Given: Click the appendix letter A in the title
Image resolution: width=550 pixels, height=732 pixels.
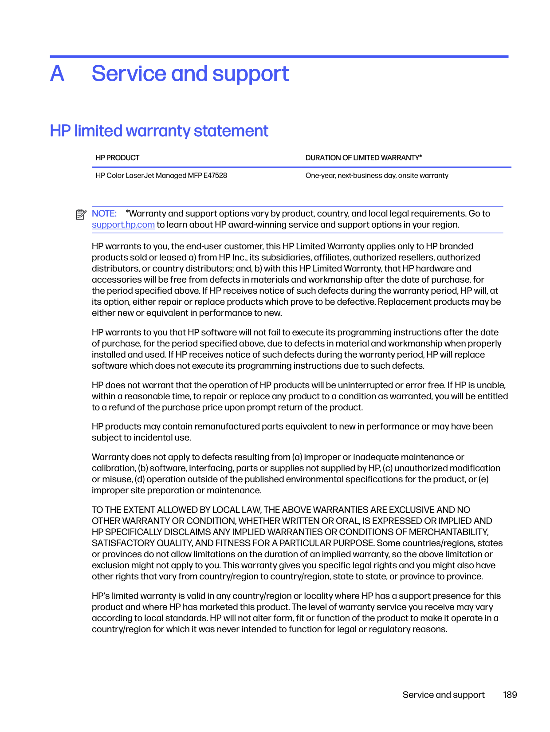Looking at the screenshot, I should click(57, 74).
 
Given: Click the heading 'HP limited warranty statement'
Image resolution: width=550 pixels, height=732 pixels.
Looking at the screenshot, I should click(159, 131).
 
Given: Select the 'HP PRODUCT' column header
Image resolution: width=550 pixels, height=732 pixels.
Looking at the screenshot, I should click(117, 157).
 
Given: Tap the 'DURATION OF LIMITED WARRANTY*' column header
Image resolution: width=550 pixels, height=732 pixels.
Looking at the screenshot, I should click(363, 157).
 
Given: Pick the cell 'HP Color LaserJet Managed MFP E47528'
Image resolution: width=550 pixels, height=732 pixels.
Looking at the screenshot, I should click(161, 175).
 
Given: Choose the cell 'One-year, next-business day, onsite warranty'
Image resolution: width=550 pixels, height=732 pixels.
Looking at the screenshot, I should click(377, 175).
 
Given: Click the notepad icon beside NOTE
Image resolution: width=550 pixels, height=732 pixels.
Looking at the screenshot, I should click(81, 215).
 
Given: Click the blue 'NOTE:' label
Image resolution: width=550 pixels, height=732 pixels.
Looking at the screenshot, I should click(104, 213).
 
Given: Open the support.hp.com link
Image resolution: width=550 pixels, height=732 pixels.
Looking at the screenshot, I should click(123, 224).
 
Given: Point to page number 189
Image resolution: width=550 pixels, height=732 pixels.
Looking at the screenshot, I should click(510, 695).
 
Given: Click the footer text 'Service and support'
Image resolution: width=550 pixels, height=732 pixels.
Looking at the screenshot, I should click(444, 695).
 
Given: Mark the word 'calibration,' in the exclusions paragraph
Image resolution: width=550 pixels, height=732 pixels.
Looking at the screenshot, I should click(114, 468).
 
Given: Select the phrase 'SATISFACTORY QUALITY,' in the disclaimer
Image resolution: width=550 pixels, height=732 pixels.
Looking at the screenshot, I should click(142, 543).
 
